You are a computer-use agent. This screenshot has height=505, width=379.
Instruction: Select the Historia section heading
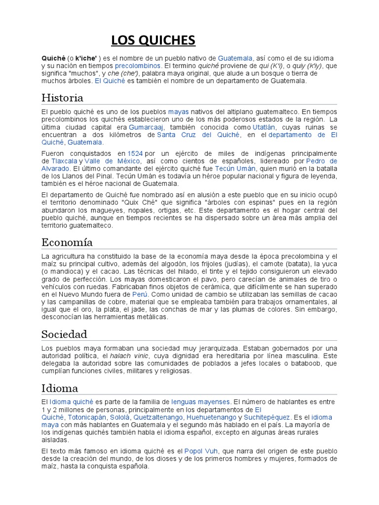click(62, 97)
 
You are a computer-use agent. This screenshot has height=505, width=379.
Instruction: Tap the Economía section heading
click(67, 242)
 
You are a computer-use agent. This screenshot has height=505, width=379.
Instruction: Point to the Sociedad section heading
click(64, 334)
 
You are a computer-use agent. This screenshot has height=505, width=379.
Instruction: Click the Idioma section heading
click(60, 388)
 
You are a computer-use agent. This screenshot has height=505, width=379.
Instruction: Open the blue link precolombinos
click(138, 66)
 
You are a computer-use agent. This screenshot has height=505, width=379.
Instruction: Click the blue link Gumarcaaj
click(146, 127)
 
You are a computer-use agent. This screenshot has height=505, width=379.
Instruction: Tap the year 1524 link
click(135, 153)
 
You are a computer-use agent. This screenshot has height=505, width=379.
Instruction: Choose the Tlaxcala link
click(64, 161)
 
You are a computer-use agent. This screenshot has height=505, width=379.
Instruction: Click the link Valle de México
click(113, 161)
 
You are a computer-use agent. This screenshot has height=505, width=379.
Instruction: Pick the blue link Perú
click(140, 293)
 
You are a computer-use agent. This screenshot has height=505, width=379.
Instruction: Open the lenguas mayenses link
click(200, 402)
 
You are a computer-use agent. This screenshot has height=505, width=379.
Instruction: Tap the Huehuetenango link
click(211, 417)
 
